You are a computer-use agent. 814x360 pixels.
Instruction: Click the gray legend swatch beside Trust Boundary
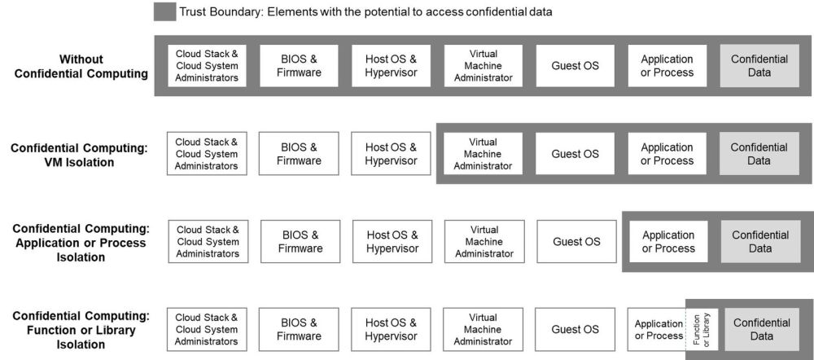pyautogui.click(x=163, y=12)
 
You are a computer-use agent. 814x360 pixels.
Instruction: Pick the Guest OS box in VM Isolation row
pyautogui.click(x=575, y=154)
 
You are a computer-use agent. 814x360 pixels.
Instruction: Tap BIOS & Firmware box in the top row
pyautogui.click(x=298, y=66)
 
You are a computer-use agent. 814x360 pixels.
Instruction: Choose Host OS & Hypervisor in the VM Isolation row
pyautogui.click(x=390, y=154)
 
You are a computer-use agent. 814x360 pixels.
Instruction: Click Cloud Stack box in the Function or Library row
pyautogui.click(x=207, y=329)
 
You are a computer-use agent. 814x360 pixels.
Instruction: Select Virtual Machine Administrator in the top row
pyautogui.click(x=483, y=66)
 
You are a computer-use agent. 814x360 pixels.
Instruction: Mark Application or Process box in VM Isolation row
pyautogui.click(x=667, y=154)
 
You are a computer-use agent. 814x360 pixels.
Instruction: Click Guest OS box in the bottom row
pyautogui.click(x=575, y=329)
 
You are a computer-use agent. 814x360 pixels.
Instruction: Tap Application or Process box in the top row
pyautogui.click(x=667, y=66)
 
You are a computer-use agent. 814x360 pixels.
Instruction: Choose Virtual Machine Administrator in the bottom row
pyautogui.click(x=483, y=329)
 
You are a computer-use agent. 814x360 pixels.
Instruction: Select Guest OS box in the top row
pyautogui.click(x=575, y=66)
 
